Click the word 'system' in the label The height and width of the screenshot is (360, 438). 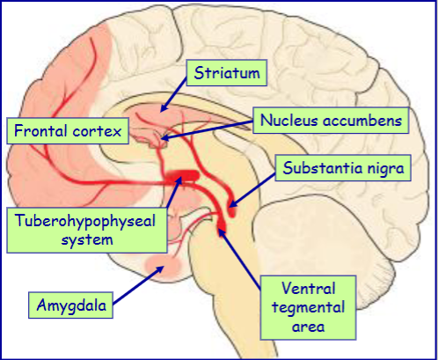85,239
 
